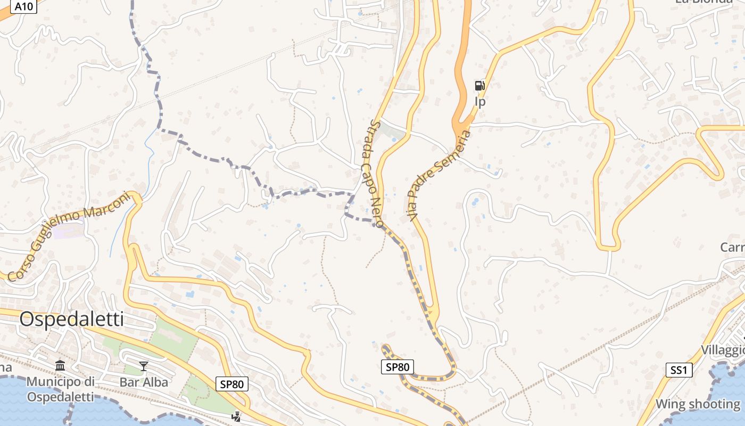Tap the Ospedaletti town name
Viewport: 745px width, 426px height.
click(x=71, y=319)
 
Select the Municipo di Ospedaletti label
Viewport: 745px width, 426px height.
click(x=60, y=389)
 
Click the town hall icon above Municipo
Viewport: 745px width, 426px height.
click(x=60, y=366)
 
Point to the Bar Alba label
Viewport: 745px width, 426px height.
click(x=144, y=382)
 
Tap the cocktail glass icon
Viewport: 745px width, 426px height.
click(x=144, y=366)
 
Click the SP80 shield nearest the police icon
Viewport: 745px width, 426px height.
click(x=233, y=384)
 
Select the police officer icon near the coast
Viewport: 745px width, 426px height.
click(x=236, y=416)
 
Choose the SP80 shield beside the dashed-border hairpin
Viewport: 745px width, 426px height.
click(x=398, y=367)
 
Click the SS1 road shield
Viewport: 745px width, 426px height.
click(x=679, y=370)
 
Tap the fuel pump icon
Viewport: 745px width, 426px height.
click(x=479, y=86)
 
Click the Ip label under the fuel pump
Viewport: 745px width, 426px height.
click(x=480, y=102)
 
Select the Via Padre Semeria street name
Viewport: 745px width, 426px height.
click(x=440, y=176)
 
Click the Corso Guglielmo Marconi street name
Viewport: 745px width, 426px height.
click(x=69, y=236)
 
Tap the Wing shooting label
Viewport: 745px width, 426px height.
click(x=697, y=404)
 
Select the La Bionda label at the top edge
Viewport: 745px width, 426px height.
click(x=703, y=2)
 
